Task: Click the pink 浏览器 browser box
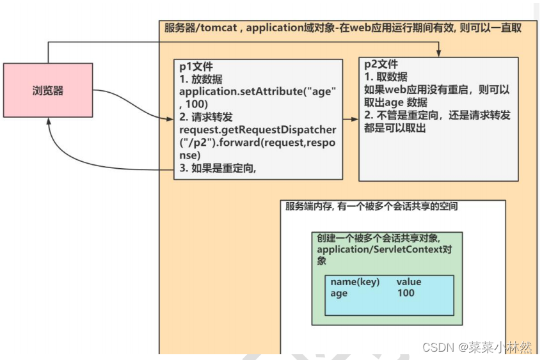[x=48, y=90]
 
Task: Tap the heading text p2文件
[x=381, y=65]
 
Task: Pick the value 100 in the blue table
[x=406, y=293]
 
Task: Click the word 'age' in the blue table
[x=339, y=293]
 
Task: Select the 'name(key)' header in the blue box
[x=355, y=282]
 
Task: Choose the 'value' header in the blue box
[x=409, y=282]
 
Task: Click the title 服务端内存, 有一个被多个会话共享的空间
[x=371, y=207]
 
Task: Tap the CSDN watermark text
[x=477, y=347]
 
